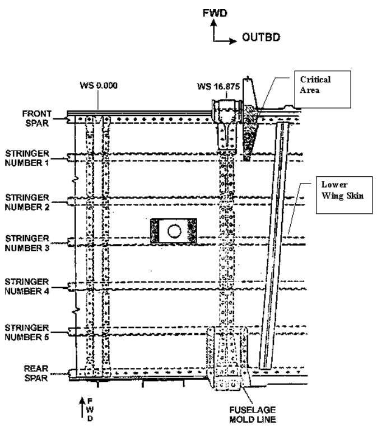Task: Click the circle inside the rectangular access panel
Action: tap(174, 231)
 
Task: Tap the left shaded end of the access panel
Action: tap(155, 231)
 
